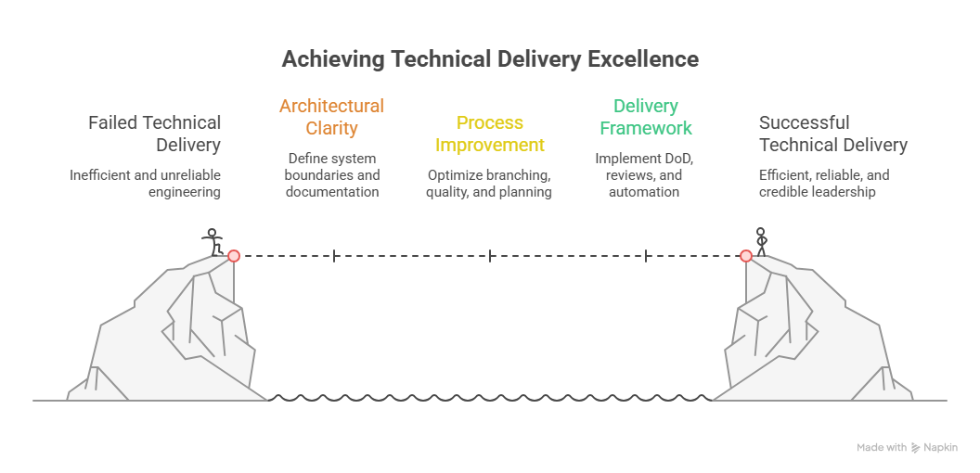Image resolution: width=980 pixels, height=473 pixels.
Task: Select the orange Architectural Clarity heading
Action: (331, 117)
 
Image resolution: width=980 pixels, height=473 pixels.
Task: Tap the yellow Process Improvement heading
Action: (490, 134)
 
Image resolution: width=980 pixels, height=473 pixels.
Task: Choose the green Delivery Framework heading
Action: (646, 117)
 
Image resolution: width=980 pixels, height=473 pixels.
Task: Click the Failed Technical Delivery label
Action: (155, 134)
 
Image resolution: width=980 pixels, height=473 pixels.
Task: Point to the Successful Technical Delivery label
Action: (832, 134)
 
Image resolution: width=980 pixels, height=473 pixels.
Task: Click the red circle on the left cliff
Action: (234, 255)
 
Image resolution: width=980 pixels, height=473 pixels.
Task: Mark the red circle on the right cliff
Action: (745, 255)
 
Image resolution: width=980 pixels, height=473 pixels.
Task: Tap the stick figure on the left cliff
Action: (213, 242)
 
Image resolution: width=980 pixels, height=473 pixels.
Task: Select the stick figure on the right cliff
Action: (762, 240)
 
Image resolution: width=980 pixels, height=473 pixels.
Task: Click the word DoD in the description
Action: (675, 159)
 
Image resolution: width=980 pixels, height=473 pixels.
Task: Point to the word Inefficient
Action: (101, 175)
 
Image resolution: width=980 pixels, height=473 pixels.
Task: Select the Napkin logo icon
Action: (916, 448)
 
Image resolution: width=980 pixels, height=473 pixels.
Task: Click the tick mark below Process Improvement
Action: (490, 255)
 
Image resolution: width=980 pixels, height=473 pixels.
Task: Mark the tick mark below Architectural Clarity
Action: (334, 255)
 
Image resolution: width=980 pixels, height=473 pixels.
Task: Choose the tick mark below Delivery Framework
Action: (646, 255)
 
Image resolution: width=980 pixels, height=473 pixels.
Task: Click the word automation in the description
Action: (644, 192)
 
